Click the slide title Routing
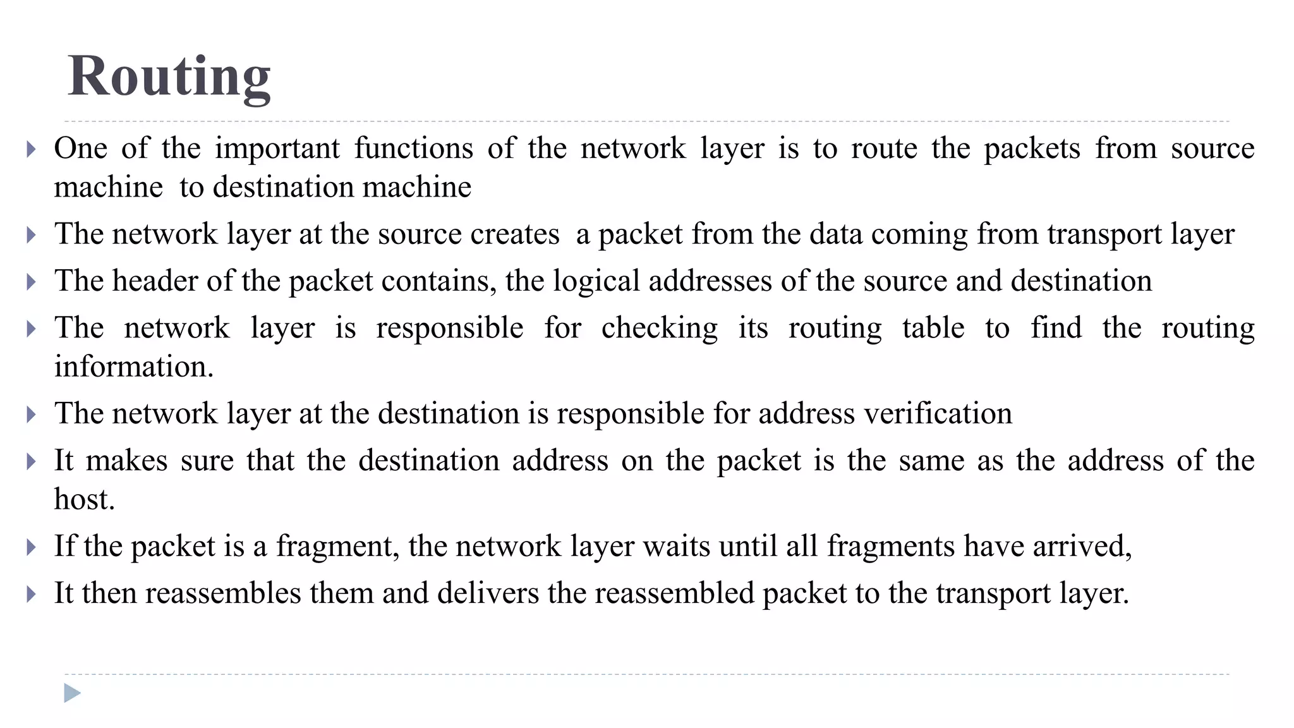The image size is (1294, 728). click(x=169, y=76)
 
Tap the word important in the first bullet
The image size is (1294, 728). click(x=277, y=149)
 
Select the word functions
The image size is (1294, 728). click(x=413, y=149)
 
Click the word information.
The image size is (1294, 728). click(x=134, y=367)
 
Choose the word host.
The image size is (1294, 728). click(x=84, y=499)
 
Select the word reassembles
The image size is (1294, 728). click(x=223, y=593)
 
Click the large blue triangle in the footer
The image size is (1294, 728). click(x=72, y=693)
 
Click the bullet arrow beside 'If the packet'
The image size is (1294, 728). click(x=32, y=547)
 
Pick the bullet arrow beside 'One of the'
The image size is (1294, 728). click(x=32, y=150)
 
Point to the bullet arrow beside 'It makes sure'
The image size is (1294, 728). click(x=32, y=461)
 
